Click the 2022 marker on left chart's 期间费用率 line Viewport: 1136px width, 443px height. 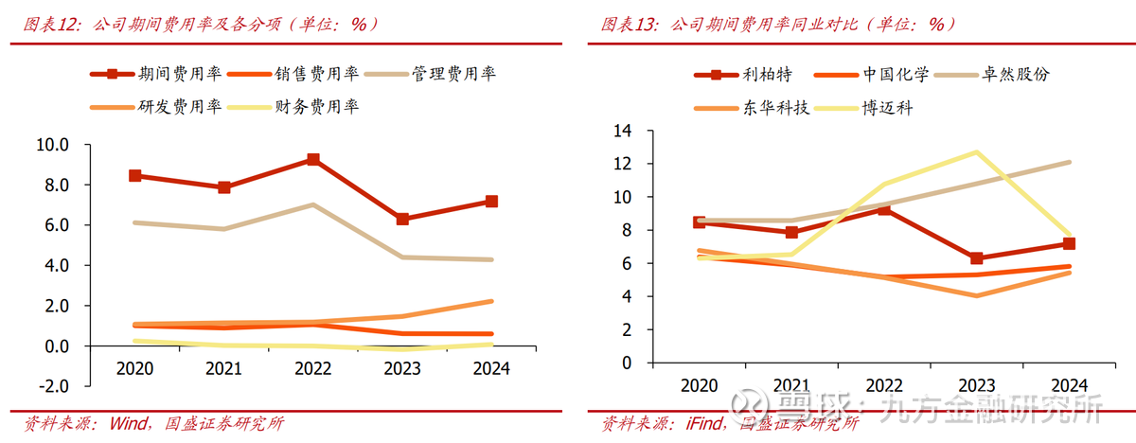point(312,159)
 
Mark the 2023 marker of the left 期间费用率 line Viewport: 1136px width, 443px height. point(403,219)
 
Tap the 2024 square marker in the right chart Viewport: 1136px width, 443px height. point(1069,243)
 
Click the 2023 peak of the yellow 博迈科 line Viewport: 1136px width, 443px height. point(976,151)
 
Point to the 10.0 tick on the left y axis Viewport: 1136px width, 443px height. point(52,145)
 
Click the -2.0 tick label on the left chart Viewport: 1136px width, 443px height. point(52,386)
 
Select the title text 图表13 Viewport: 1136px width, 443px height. point(626,25)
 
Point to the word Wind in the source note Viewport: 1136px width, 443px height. point(128,423)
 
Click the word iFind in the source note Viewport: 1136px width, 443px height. point(706,423)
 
